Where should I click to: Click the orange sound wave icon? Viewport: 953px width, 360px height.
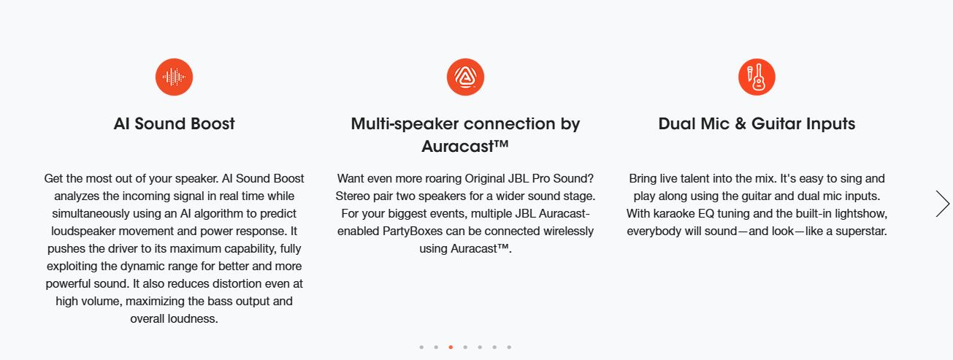coord(174,77)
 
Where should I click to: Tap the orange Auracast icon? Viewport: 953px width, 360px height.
coord(465,77)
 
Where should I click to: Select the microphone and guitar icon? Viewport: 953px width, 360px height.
coord(757,77)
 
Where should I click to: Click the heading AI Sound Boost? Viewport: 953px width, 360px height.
coord(174,124)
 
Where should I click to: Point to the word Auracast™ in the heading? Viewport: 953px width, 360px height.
coord(465,146)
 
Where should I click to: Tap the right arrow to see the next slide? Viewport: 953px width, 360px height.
coord(942,204)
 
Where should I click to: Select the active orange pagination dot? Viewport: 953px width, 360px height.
coord(451,348)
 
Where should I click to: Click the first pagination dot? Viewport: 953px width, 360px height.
coord(421,348)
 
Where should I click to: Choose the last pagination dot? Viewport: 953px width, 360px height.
coord(509,348)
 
